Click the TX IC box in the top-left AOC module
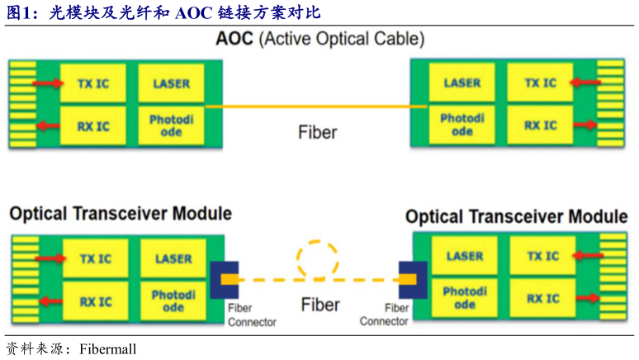(93, 83)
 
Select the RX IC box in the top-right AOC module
(542, 126)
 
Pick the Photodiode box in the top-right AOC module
(462, 126)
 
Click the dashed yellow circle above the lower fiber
(319, 258)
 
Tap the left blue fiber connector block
(225, 280)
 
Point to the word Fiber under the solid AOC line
(318, 131)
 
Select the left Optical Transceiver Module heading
(121, 214)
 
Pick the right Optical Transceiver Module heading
(516, 217)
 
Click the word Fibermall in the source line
(108, 348)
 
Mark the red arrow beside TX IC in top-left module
(49, 83)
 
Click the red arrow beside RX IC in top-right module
(587, 126)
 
